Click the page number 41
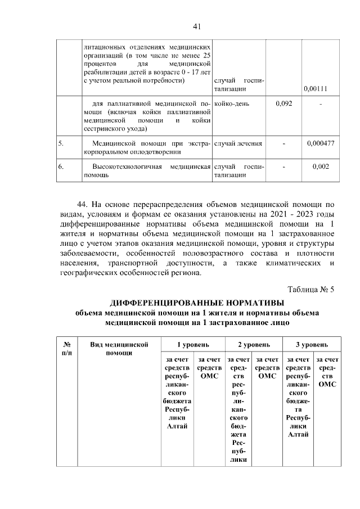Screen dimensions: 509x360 (197, 26)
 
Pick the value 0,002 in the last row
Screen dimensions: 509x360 (321, 167)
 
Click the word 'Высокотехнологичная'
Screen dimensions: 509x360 (127, 167)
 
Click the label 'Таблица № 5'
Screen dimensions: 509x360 (311, 290)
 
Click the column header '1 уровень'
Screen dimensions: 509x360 (193, 344)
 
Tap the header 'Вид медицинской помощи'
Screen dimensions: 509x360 (119, 348)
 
